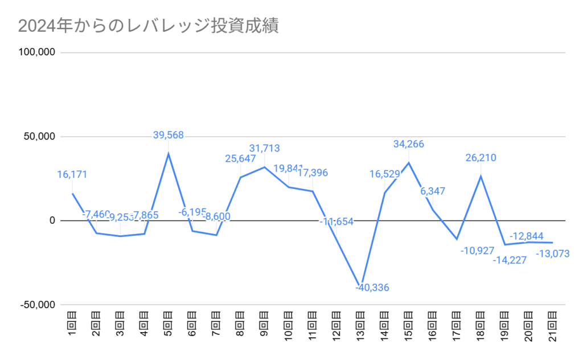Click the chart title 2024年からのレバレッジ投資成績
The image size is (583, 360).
pyautogui.click(x=148, y=26)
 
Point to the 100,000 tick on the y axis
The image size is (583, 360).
pyautogui.click(x=37, y=52)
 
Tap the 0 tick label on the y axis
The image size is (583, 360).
pyautogui.click(x=52, y=220)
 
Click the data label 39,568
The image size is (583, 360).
pyautogui.click(x=169, y=135)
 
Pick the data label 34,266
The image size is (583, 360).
pyautogui.click(x=409, y=145)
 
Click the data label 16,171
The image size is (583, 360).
pyautogui.click(x=72, y=174)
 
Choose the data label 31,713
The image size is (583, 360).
pyautogui.click(x=264, y=149)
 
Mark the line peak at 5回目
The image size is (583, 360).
pyautogui.click(x=169, y=153)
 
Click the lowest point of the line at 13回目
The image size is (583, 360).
pyautogui.click(x=360, y=285)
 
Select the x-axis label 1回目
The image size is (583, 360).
pyautogui.click(x=72, y=326)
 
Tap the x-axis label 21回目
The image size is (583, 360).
pyautogui.click(x=553, y=328)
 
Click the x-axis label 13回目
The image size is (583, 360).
pyautogui.click(x=360, y=328)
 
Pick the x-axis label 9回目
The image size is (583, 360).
pyautogui.click(x=264, y=326)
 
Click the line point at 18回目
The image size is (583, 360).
pyautogui.click(x=481, y=176)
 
